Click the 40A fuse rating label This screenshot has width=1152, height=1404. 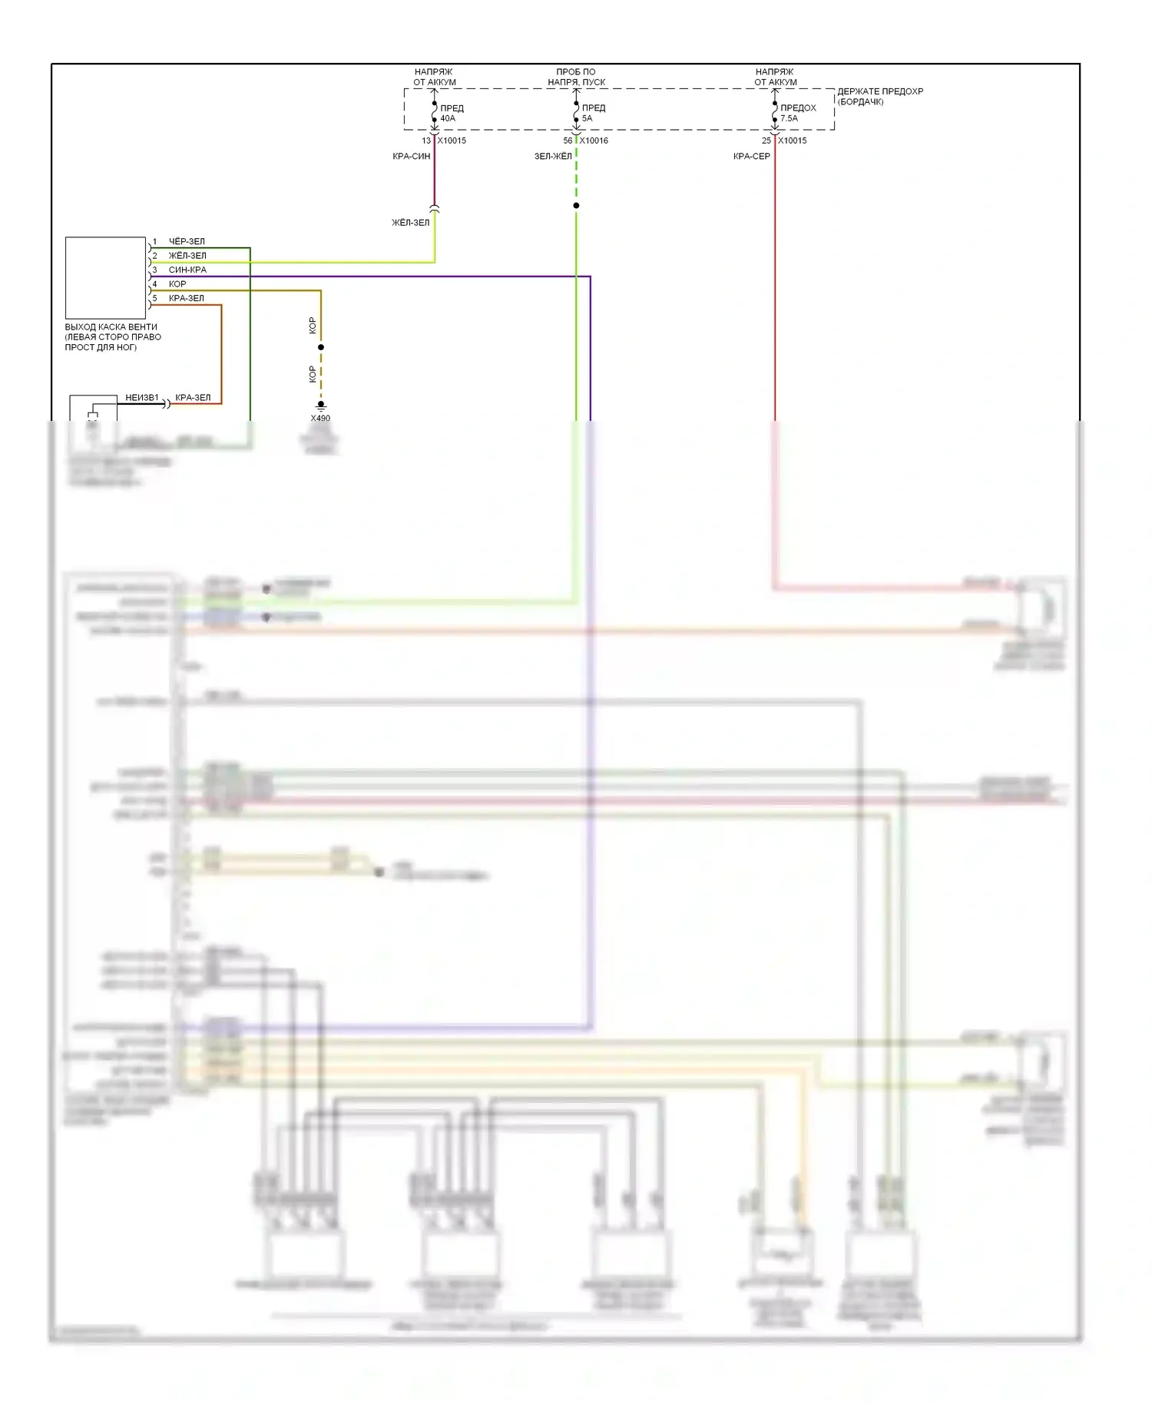point(448,118)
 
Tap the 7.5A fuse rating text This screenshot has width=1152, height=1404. point(789,118)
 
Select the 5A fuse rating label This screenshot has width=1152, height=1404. point(587,118)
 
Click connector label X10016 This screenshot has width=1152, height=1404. point(594,141)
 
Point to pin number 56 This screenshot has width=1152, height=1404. point(568,141)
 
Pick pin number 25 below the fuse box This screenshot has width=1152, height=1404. point(766,141)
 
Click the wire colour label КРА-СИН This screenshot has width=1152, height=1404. point(411,157)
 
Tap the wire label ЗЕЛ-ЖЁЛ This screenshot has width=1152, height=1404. point(553,157)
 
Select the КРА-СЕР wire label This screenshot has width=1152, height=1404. point(751,157)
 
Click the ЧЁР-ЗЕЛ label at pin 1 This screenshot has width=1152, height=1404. point(187,242)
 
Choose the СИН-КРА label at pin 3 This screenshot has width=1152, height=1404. point(187,270)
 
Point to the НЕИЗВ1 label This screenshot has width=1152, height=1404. point(142,398)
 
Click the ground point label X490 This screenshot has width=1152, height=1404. point(320,419)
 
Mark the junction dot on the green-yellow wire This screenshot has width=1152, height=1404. point(576,206)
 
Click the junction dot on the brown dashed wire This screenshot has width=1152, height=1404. point(321,347)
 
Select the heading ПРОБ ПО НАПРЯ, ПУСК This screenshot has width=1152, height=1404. point(576,77)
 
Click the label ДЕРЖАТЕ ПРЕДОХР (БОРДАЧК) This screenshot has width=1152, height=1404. point(879,96)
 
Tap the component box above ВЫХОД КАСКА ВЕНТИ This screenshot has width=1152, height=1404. point(105,277)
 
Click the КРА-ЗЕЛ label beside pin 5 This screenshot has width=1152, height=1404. point(187,299)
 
